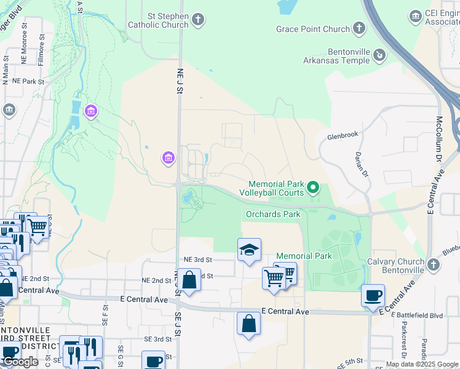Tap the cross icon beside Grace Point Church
point(359,28)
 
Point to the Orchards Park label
point(272,214)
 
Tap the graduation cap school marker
point(249,250)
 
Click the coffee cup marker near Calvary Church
point(373,295)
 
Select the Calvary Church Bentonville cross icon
point(434,264)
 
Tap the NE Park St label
point(24,81)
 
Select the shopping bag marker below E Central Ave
point(248,323)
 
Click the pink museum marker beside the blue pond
point(91,111)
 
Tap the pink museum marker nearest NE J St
point(168,159)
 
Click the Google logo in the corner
point(20,362)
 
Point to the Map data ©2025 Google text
point(422,364)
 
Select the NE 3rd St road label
point(194,261)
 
